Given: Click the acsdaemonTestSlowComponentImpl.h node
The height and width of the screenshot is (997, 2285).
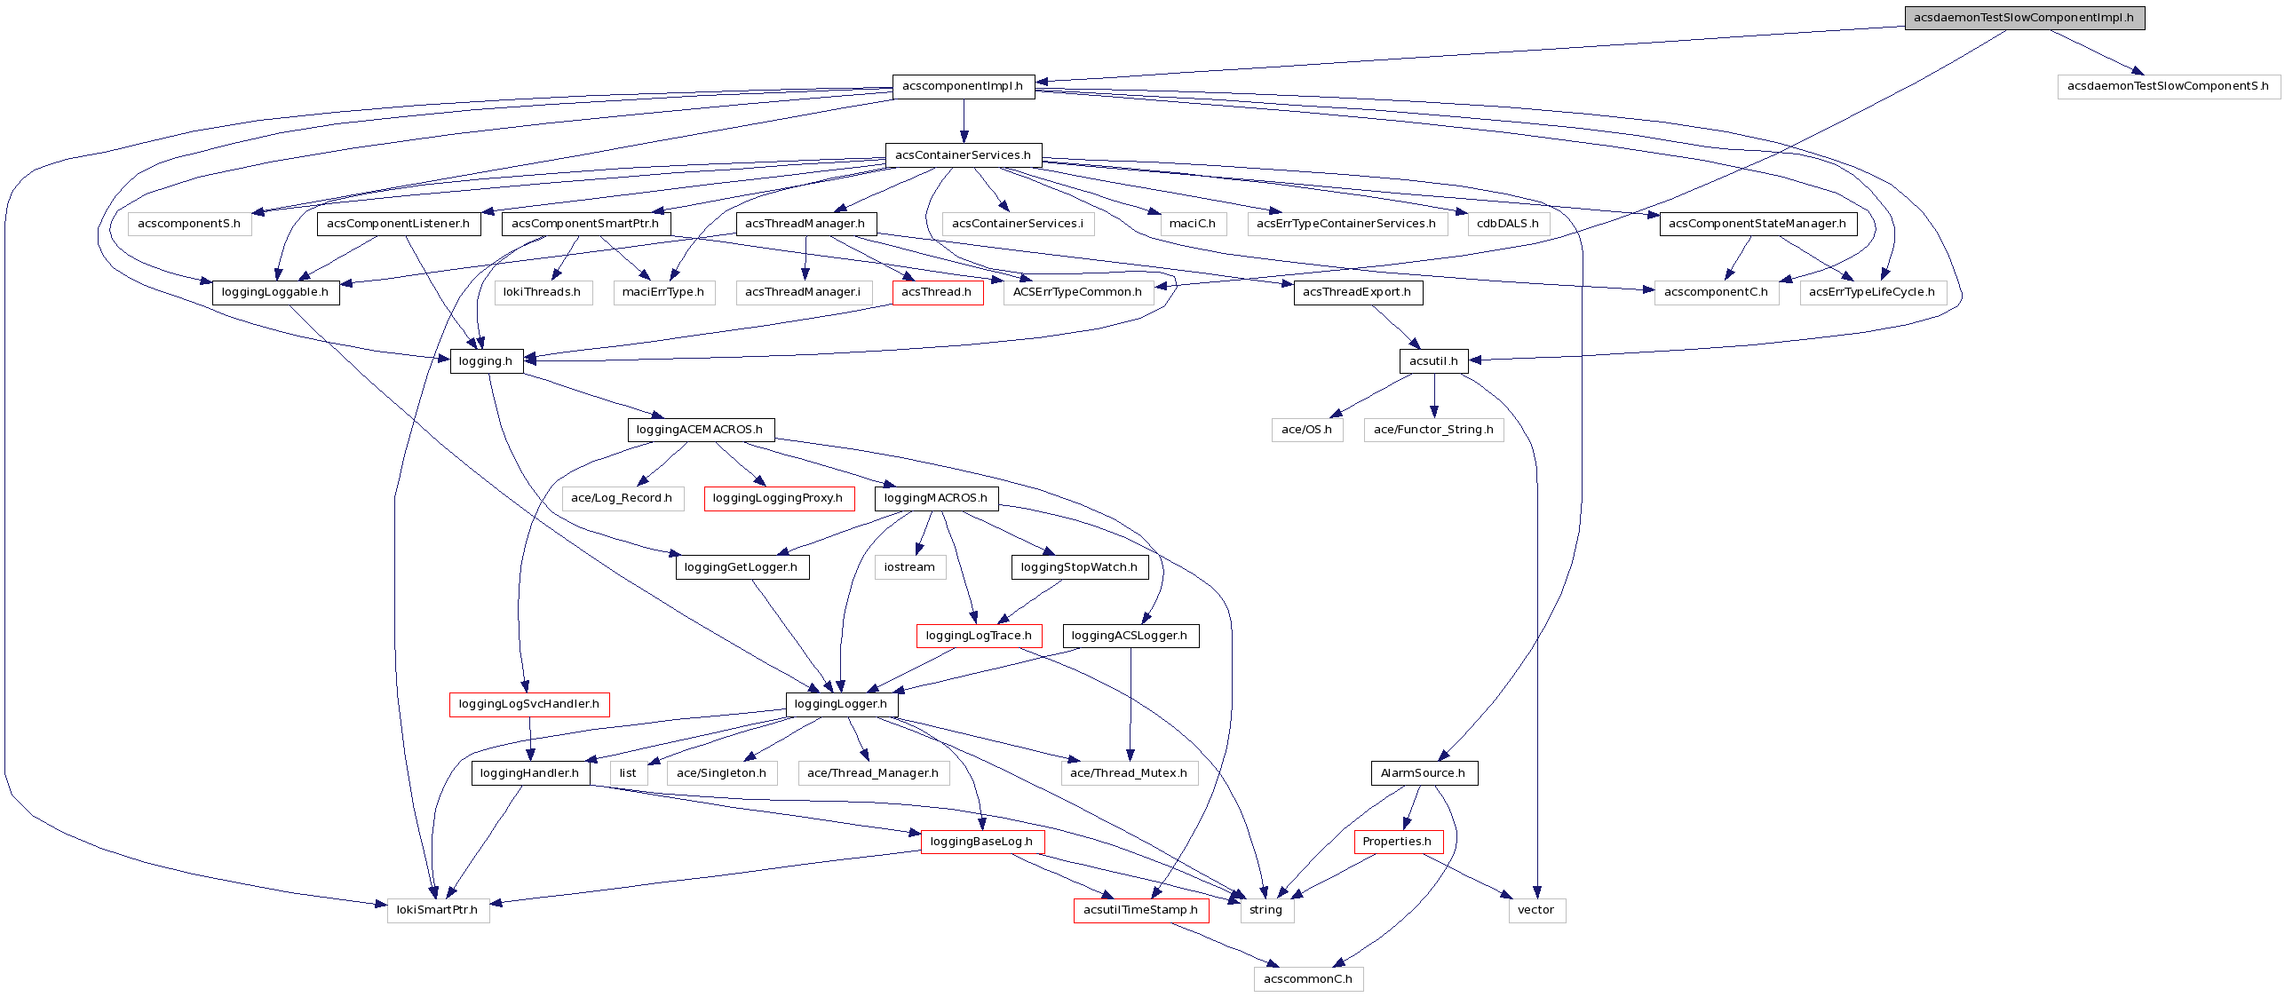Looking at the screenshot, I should pyautogui.click(x=2024, y=18).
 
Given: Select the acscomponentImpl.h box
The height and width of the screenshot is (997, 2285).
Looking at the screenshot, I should pyautogui.click(x=963, y=86).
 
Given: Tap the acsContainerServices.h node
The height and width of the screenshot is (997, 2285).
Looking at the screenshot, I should pyautogui.click(x=963, y=155).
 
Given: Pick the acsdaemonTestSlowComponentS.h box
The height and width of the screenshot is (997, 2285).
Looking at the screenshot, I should pyautogui.click(x=2168, y=86).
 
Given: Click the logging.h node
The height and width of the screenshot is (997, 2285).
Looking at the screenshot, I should pyautogui.click(x=486, y=361).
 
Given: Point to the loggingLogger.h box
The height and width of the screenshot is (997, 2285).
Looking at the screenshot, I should pyautogui.click(x=841, y=704).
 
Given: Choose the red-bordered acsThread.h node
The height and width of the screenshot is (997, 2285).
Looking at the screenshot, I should pyautogui.click(x=937, y=292).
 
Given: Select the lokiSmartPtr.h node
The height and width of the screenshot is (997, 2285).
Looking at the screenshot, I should pyautogui.click(x=437, y=910).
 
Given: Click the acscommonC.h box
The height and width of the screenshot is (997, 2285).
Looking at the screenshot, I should pyautogui.click(x=1308, y=979).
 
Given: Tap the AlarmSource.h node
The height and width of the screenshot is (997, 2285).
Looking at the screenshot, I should pyautogui.click(x=1424, y=773).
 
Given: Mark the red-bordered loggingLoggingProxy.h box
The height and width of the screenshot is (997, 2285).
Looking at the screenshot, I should pyautogui.click(x=778, y=498).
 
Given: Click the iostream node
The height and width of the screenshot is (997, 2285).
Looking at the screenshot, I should pyautogui.click(x=909, y=567).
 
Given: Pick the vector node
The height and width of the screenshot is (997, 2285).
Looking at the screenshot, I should pyautogui.click(x=1536, y=910).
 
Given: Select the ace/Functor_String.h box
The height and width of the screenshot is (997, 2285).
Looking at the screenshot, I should pyautogui.click(x=1433, y=430).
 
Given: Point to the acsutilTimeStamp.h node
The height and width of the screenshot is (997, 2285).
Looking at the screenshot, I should pyautogui.click(x=1140, y=910).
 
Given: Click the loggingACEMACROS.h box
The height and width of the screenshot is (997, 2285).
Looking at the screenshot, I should pyautogui.click(x=700, y=430).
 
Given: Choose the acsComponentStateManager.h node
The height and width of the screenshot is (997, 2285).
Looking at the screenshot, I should pyautogui.click(x=1757, y=224).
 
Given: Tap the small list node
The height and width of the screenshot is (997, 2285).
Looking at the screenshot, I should pyautogui.click(x=628, y=773).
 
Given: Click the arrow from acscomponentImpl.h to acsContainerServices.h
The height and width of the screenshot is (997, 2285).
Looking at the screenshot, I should pyautogui.click(x=964, y=121).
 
